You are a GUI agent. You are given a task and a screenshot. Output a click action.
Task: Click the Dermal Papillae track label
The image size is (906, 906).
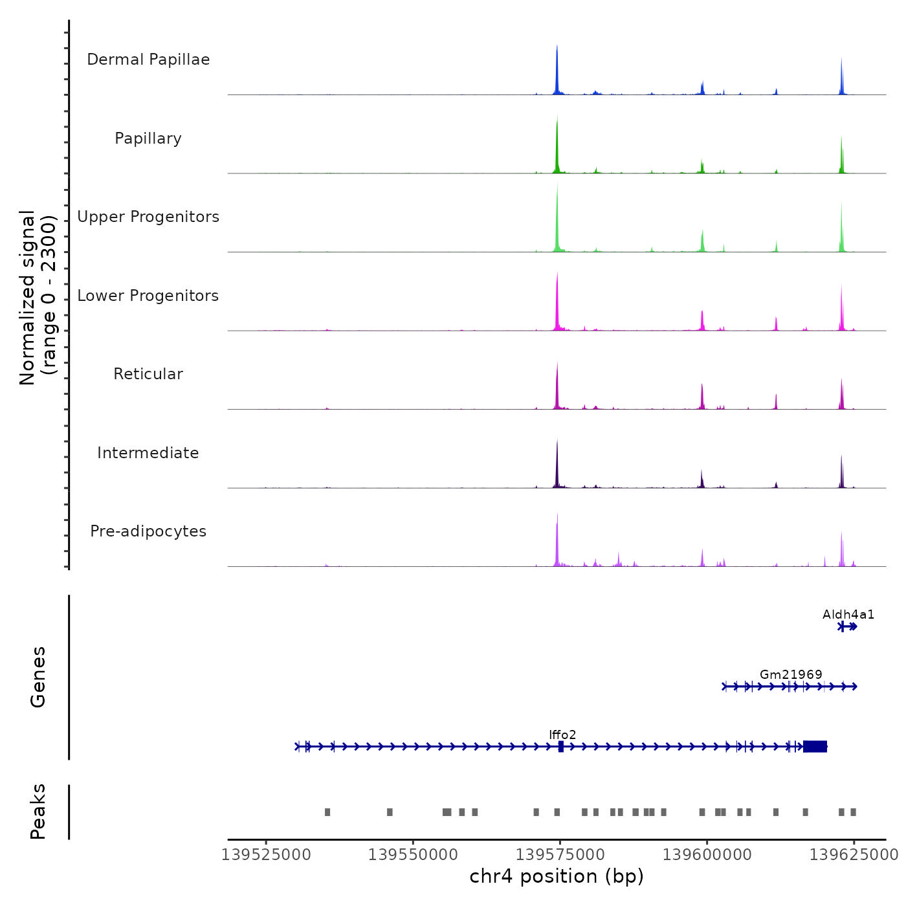(x=148, y=60)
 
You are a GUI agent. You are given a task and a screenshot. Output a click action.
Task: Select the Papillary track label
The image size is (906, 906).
(x=148, y=138)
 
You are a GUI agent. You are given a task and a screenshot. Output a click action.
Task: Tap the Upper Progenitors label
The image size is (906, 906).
(x=148, y=217)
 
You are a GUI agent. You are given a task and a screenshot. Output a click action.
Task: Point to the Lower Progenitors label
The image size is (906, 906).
(x=148, y=296)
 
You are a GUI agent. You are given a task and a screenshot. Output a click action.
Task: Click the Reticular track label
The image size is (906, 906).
(x=148, y=374)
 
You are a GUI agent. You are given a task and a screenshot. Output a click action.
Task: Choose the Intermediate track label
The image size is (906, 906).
(x=148, y=453)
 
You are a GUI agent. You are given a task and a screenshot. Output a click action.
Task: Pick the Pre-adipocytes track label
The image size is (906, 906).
(x=148, y=531)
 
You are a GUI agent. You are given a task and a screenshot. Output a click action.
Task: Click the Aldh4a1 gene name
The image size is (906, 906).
(x=848, y=614)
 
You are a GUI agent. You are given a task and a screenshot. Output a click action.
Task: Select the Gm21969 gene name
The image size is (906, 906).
(x=791, y=674)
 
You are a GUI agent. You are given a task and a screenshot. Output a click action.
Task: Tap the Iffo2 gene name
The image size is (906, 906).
(x=562, y=735)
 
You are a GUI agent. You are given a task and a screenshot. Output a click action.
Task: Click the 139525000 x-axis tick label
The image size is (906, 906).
(x=266, y=855)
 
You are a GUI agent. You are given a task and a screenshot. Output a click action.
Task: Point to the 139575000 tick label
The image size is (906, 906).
(x=560, y=855)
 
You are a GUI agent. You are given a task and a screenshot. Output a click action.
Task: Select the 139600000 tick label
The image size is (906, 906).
(x=707, y=855)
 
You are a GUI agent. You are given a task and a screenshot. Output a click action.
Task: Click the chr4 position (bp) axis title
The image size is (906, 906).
(x=557, y=876)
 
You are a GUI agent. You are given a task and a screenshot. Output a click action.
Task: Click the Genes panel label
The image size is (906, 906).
(x=38, y=677)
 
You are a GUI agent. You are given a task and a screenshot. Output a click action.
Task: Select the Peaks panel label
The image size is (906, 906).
(x=38, y=812)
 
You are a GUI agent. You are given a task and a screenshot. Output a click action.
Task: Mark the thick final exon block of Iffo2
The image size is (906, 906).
(x=815, y=746)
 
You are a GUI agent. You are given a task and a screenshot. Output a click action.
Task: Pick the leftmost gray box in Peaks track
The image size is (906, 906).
(x=327, y=812)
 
